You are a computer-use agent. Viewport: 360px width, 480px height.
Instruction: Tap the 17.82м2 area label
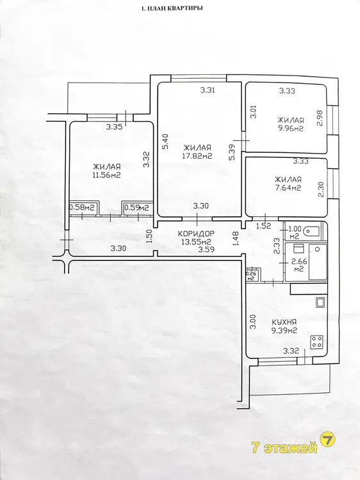pos(197,156)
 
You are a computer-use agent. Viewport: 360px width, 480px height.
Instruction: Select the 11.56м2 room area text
pos(106,175)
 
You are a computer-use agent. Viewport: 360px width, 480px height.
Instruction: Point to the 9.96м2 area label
pos(290,129)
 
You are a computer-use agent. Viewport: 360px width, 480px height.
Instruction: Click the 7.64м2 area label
pos(288,188)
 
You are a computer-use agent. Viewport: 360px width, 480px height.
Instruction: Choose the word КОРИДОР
pos(197,234)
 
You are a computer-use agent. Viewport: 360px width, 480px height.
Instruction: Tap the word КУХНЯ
pos(284,322)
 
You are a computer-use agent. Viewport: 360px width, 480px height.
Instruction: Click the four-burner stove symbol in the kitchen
pos(317,342)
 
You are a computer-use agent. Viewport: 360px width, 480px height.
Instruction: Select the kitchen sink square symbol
pos(320,303)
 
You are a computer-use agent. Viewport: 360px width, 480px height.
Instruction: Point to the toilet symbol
pos(311,232)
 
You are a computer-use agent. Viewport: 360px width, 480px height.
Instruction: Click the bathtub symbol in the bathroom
pos(318,262)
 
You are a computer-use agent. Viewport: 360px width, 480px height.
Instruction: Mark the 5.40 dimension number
pos(165,141)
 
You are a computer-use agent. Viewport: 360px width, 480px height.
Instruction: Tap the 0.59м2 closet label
pos(136,207)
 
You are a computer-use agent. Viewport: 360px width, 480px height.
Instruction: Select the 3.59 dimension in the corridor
pos(206,249)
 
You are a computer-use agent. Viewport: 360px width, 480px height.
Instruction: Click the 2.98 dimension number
pos(320,118)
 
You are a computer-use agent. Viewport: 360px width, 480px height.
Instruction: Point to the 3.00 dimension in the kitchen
pos(253,322)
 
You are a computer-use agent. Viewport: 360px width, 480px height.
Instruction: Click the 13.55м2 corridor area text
pos(197,242)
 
